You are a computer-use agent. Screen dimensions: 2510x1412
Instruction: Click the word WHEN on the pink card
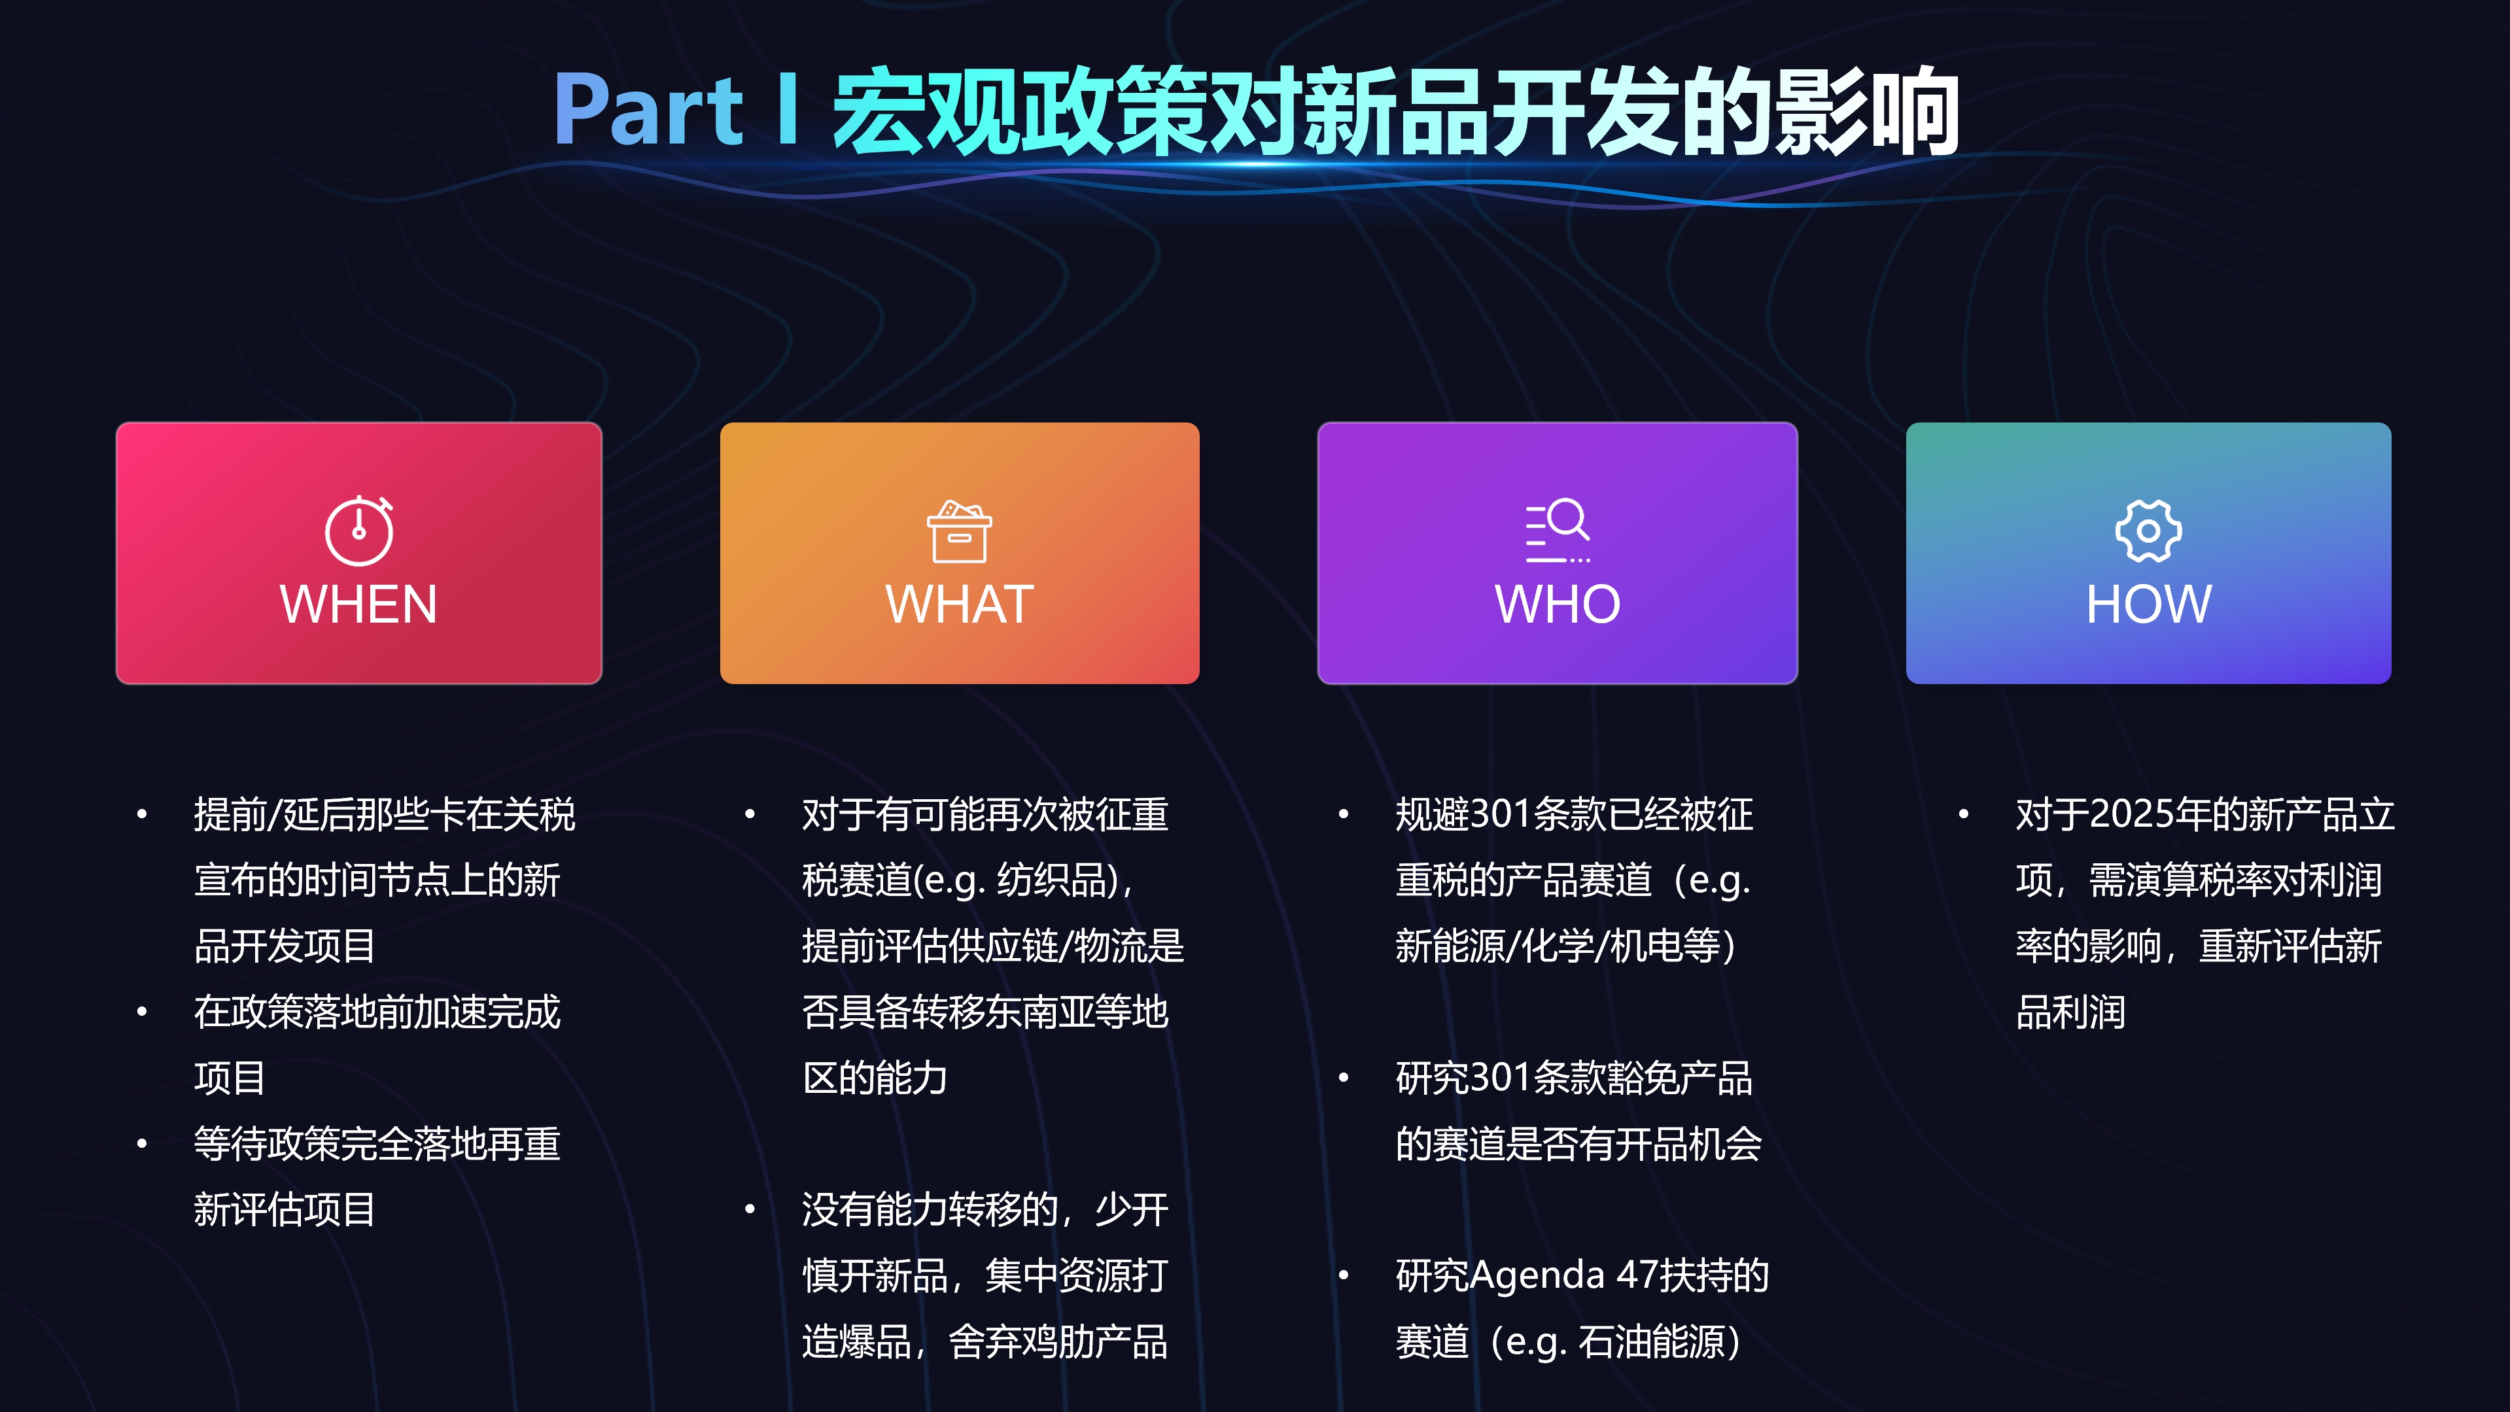pos(358,604)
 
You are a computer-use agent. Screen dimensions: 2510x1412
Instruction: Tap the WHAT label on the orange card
pos(960,604)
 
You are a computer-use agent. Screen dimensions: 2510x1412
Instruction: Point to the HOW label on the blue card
pos(2148,604)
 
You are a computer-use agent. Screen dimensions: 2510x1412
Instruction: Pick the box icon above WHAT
pos(960,532)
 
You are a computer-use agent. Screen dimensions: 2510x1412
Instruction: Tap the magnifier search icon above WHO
pos(1558,531)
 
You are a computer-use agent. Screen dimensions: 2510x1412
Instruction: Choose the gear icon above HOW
pos(2148,531)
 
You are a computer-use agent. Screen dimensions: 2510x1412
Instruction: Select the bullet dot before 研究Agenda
pos(1344,1275)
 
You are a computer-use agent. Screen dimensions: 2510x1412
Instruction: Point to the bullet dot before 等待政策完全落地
pos(142,1144)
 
